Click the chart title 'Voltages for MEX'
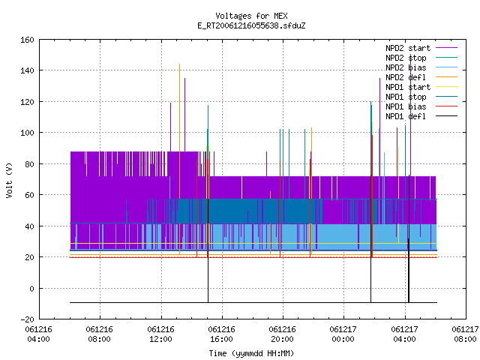251,16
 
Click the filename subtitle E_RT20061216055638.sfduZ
251,25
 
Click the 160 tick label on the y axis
27,40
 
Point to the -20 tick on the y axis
27,319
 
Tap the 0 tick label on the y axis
31,288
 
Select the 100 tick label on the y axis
27,133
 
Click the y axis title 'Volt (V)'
10,180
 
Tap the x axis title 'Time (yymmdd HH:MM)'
251,353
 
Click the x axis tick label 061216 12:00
160,334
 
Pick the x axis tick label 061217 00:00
343,334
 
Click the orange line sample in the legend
447,77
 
